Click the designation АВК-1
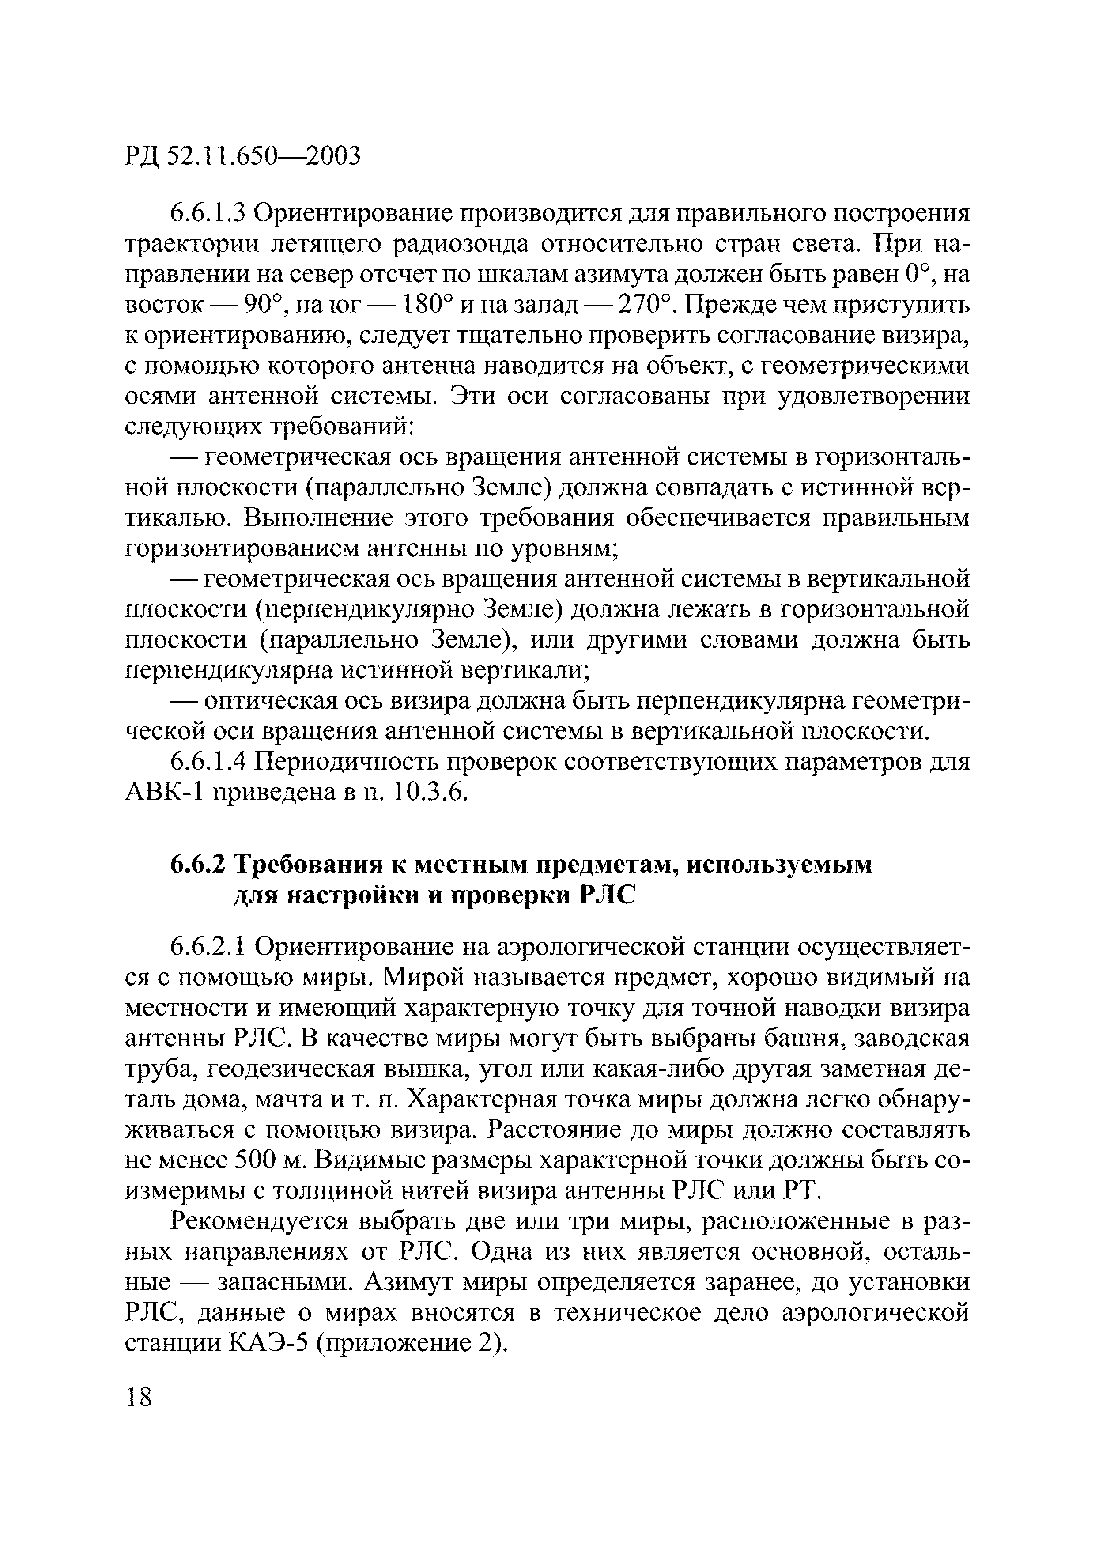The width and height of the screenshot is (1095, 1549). (x=164, y=793)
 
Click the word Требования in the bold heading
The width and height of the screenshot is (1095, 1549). (x=308, y=865)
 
